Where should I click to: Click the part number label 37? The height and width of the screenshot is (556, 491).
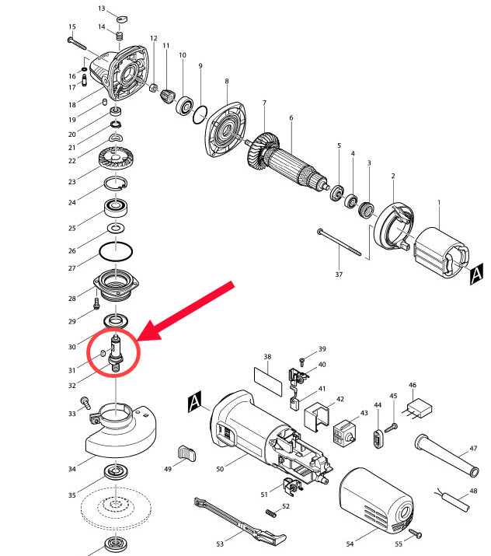(x=338, y=275)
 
